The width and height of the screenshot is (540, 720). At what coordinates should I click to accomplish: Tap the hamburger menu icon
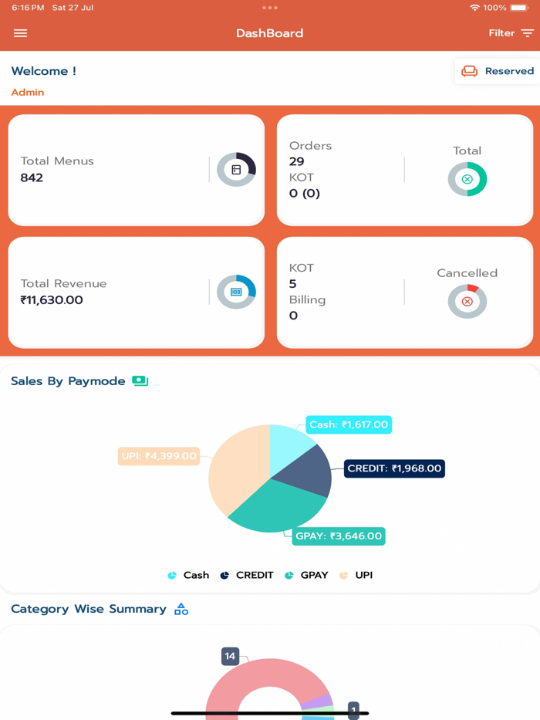(x=20, y=33)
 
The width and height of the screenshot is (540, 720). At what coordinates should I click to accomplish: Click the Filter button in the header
(x=511, y=33)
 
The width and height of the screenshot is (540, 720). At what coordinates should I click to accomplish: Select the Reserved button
(x=498, y=71)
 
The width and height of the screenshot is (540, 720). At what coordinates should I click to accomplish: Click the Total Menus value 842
(x=32, y=177)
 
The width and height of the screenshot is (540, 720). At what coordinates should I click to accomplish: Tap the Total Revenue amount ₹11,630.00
(x=52, y=300)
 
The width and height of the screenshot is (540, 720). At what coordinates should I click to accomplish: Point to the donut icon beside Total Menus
(x=236, y=170)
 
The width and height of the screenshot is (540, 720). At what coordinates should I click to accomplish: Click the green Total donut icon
(x=467, y=179)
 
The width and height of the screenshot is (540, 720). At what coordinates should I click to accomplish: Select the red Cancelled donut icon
(x=467, y=301)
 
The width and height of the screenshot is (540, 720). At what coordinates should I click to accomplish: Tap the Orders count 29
(x=297, y=161)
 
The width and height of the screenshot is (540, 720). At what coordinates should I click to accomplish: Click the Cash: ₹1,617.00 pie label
(x=349, y=424)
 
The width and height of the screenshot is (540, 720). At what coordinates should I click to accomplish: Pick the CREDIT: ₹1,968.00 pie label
(x=394, y=468)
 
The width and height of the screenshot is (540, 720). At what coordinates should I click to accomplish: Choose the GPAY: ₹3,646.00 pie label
(x=339, y=536)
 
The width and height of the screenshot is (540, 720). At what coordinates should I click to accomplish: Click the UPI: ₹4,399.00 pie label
(x=159, y=456)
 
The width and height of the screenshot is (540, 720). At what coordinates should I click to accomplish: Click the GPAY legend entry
(x=306, y=575)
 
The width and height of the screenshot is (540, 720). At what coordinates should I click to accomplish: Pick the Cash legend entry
(x=188, y=575)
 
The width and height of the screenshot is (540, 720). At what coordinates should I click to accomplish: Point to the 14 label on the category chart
(x=230, y=656)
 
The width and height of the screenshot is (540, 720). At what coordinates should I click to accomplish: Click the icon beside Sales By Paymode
(x=140, y=380)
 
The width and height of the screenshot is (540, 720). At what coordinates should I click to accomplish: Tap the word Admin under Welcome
(x=27, y=92)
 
